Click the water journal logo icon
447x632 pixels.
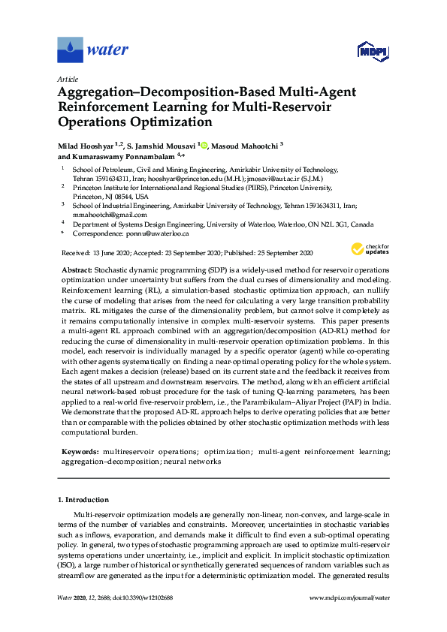70,50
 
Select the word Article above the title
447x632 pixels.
68,78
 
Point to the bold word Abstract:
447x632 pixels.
77,269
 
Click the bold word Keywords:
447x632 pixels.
80,451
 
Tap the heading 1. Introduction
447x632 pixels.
83,499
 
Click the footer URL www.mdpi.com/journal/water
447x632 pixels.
349,597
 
